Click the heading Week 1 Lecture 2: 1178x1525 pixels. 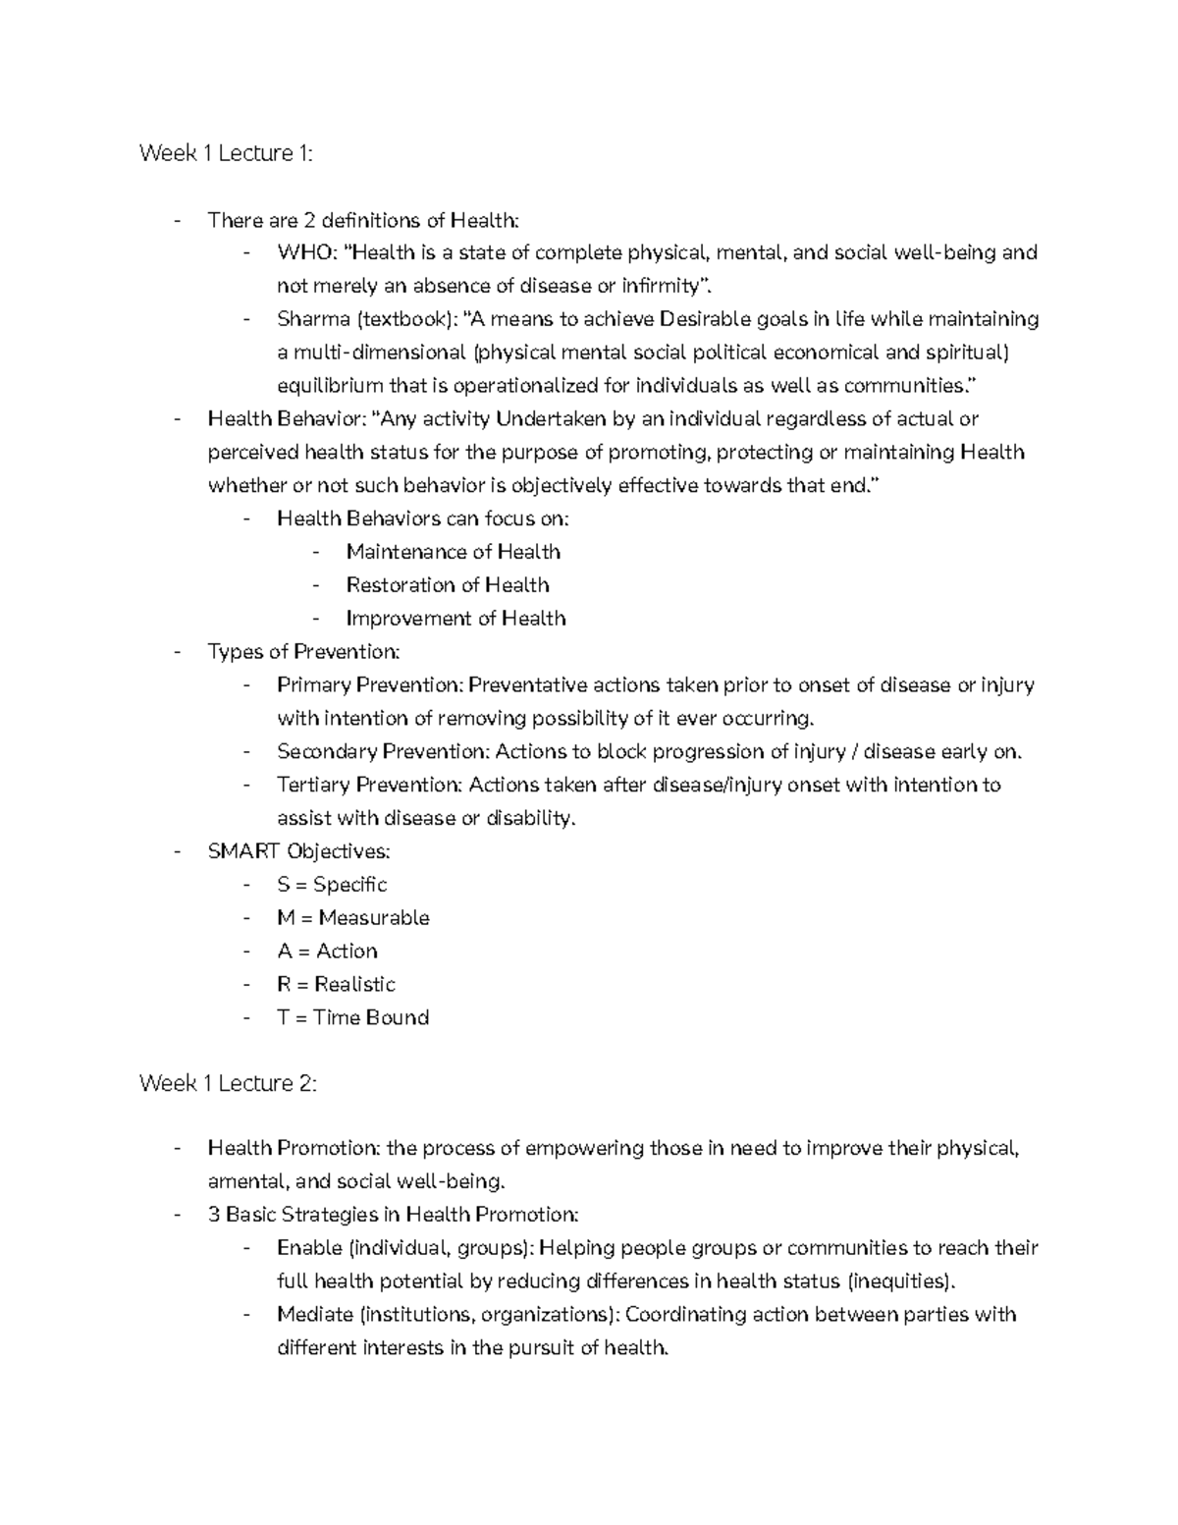pyautogui.click(x=228, y=1083)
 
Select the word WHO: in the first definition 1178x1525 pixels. pyautogui.click(x=307, y=253)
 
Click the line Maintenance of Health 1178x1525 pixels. pyautogui.click(x=453, y=552)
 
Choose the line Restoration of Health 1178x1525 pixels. pyautogui.click(x=447, y=585)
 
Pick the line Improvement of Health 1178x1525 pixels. pyautogui.click(x=455, y=619)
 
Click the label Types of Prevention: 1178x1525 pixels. pyautogui.click(x=303, y=652)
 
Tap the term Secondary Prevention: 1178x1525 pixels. pyautogui.click(x=383, y=752)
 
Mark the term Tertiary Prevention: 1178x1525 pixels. pyautogui.click(x=370, y=786)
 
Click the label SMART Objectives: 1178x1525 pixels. pyautogui.click(x=298, y=851)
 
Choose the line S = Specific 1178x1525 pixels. pyautogui.click(x=332, y=885)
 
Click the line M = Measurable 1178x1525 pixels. pyautogui.click(x=353, y=918)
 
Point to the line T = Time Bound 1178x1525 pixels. pyautogui.click(x=352, y=1018)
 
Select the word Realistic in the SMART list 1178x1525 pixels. pyautogui.click(x=354, y=985)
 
